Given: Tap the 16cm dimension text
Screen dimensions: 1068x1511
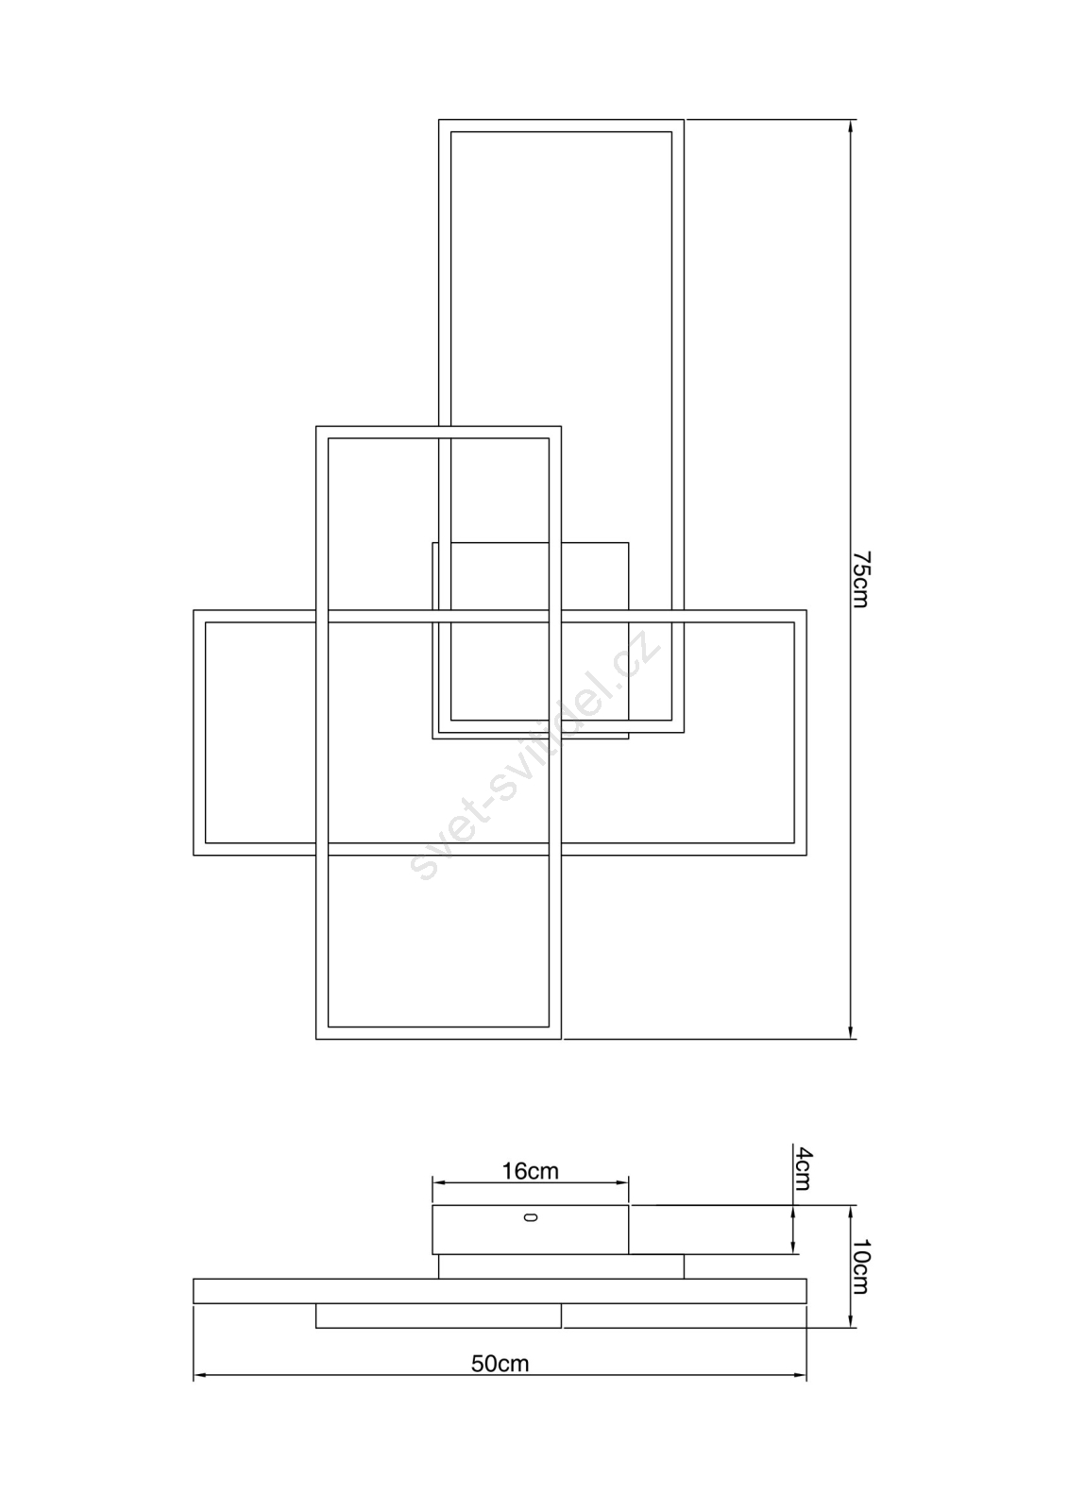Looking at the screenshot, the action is (530, 1171).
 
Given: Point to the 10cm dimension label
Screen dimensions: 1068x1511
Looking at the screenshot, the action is (861, 1266).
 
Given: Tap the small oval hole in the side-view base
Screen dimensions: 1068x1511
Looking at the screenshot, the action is (531, 1217).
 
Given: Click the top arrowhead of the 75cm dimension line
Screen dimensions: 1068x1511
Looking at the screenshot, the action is (851, 127).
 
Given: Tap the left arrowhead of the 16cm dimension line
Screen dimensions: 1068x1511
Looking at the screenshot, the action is (439, 1182).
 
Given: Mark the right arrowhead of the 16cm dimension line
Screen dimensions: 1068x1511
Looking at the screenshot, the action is (621, 1182).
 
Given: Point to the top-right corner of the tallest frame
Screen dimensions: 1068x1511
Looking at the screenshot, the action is (684, 119).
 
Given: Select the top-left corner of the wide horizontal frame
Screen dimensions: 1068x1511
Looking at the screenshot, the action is (194, 610).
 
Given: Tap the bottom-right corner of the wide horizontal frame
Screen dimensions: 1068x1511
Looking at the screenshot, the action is (807, 856).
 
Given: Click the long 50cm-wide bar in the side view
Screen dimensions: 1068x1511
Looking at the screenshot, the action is (500, 1290).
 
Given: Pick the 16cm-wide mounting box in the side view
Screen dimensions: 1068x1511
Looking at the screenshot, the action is (531, 1230).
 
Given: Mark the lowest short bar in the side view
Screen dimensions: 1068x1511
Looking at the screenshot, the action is (438, 1316).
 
